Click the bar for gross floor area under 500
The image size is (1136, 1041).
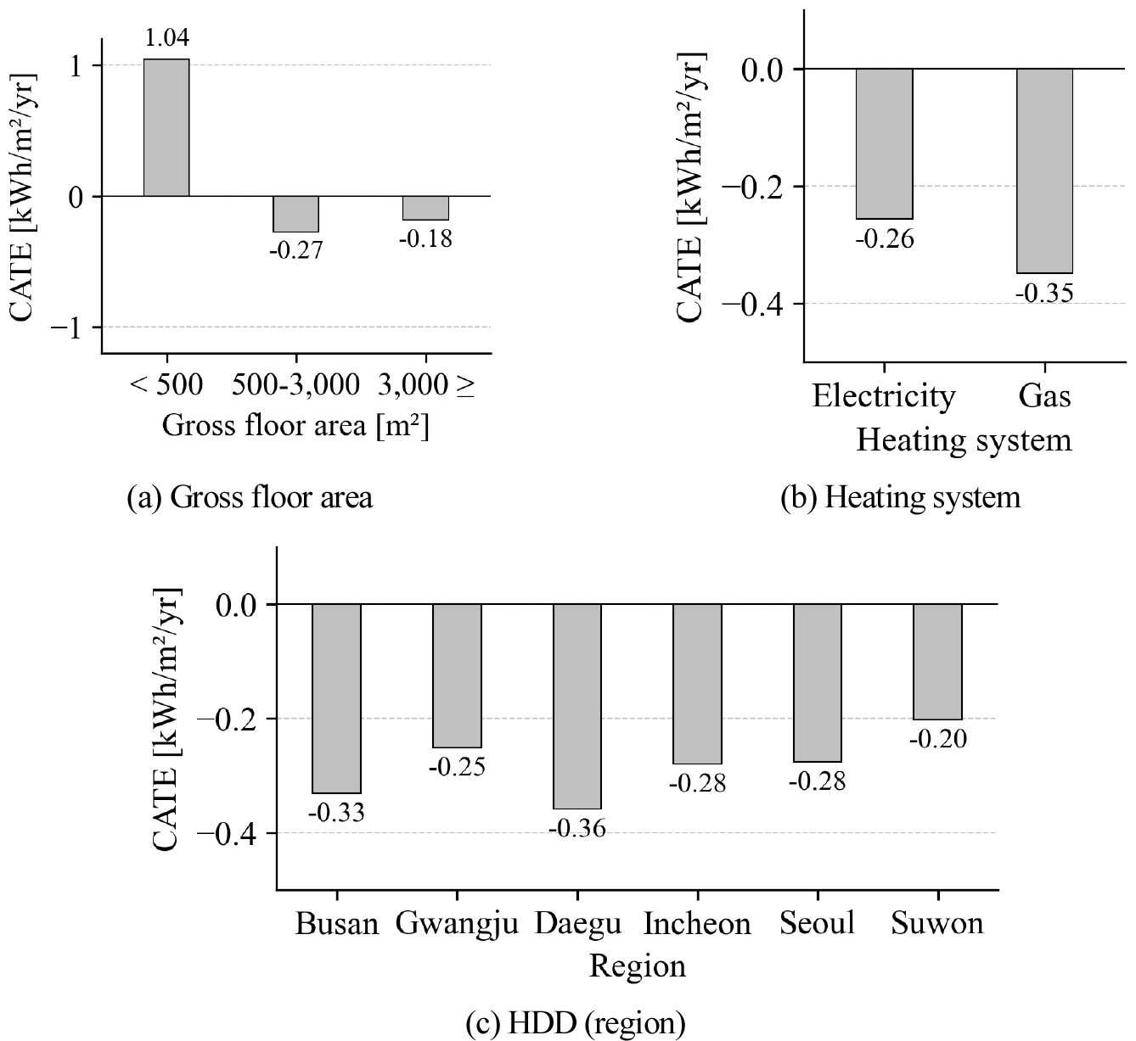tap(166, 127)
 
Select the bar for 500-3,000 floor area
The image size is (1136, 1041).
tap(295, 214)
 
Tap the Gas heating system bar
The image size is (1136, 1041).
tap(1045, 171)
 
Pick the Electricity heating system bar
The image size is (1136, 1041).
tap(884, 143)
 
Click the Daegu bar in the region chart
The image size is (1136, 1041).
tap(577, 706)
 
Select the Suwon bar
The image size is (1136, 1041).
tap(938, 661)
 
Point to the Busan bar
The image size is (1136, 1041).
tap(337, 697)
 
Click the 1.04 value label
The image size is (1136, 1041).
tap(166, 38)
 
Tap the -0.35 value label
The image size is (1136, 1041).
tap(1044, 294)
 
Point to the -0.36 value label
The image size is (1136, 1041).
tap(577, 828)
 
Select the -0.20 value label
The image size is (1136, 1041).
tap(937, 739)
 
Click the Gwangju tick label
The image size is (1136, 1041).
tap(457, 923)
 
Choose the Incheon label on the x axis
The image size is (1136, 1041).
tap(698, 923)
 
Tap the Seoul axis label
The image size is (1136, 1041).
tap(818, 923)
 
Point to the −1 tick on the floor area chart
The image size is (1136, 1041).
tap(77, 327)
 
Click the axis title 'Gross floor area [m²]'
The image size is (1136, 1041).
tap(295, 425)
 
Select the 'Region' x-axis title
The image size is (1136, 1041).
tap(638, 966)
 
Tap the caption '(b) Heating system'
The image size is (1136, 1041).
tap(901, 497)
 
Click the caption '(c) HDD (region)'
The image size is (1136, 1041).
tap(575, 1024)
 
